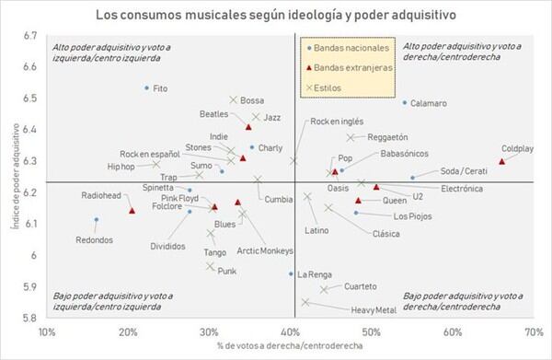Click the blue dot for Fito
[x=147, y=87]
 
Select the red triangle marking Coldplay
[x=502, y=161]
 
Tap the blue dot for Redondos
[x=97, y=219]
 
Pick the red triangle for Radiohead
[x=132, y=211]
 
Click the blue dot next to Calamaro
[x=405, y=103]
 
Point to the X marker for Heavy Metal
[x=305, y=302]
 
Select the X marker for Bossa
[x=233, y=100]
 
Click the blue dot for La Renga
[x=291, y=273]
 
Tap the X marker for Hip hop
[x=156, y=164]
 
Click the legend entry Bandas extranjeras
[x=350, y=67]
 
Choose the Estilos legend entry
[x=324, y=87]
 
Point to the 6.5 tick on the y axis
[x=30, y=98]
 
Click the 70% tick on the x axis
[x=534, y=332]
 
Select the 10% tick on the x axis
[x=47, y=332]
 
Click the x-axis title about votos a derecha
[x=290, y=345]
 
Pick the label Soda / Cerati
[x=464, y=171]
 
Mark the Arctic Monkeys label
[x=265, y=250]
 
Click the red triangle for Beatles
[x=248, y=127]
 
